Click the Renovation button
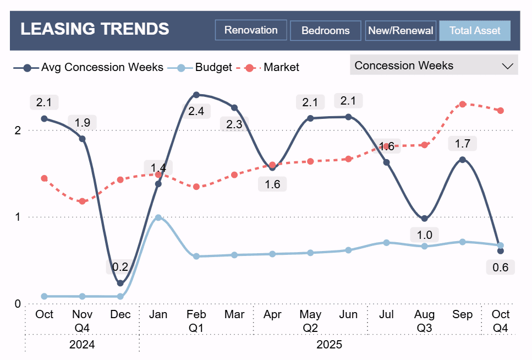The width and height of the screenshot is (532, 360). click(x=251, y=30)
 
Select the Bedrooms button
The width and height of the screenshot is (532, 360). click(x=325, y=31)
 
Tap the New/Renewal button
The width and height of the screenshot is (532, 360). click(x=401, y=31)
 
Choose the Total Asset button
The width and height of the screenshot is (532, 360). click(x=475, y=31)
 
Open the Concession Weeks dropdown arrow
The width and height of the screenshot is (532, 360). click(x=507, y=66)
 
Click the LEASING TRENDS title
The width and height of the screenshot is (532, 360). click(x=95, y=29)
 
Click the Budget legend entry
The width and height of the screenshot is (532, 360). click(x=213, y=68)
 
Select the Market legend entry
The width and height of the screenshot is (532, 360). click(x=281, y=68)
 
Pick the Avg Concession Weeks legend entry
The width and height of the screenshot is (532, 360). click(x=102, y=68)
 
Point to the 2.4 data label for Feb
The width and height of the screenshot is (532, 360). click(x=196, y=111)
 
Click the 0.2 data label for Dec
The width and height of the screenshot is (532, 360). click(x=120, y=267)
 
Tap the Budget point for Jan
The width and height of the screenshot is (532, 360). click(x=158, y=217)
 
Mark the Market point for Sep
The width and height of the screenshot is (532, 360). click(x=463, y=104)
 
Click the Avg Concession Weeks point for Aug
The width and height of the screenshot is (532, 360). click(x=424, y=219)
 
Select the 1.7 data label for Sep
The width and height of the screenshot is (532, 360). click(x=462, y=144)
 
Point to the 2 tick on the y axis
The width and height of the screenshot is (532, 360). click(x=18, y=130)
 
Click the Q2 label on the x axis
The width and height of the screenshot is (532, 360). click(x=310, y=328)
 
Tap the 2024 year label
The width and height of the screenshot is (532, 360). click(x=82, y=345)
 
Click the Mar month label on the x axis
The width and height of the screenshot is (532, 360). click(x=234, y=315)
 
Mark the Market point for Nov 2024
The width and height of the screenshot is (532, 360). click(x=83, y=201)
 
